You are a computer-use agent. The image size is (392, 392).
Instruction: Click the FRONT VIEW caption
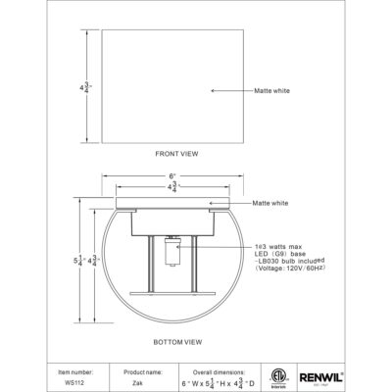coord(177,155)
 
